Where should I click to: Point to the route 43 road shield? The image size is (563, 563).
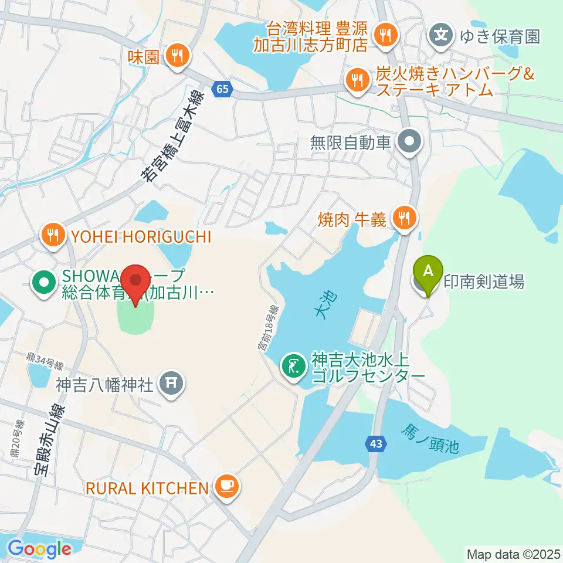[376, 445]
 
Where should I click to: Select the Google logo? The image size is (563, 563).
[39, 549]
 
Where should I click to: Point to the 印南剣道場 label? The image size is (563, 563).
[483, 282]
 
